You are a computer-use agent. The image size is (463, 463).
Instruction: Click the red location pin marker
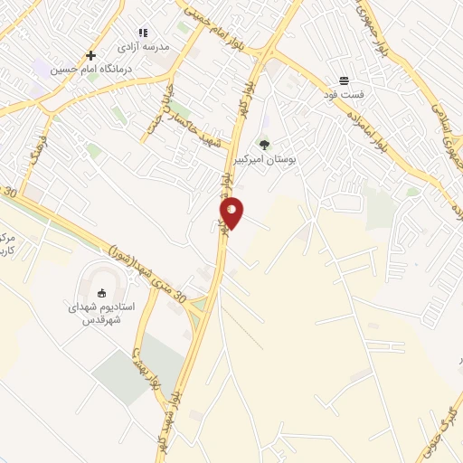(x=231, y=212)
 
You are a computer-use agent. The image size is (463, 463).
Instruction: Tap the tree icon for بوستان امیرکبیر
(x=264, y=144)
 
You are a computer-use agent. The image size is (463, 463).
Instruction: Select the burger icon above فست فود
(x=344, y=80)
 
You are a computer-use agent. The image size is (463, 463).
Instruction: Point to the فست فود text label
(x=344, y=93)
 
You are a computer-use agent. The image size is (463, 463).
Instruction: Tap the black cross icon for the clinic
(x=90, y=55)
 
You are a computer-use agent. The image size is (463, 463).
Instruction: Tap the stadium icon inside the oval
(x=100, y=291)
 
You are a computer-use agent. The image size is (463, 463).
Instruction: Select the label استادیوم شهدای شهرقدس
(x=101, y=313)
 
